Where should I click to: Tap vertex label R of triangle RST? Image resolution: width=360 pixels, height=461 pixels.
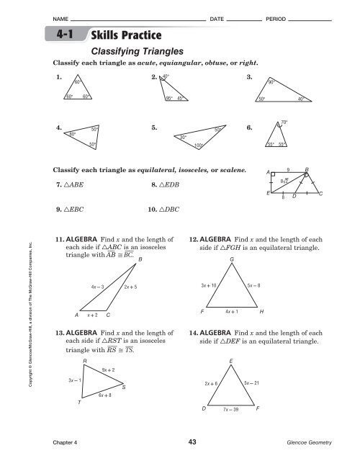(x=86, y=359)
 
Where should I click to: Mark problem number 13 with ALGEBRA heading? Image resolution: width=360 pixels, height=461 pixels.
(x=60, y=334)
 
